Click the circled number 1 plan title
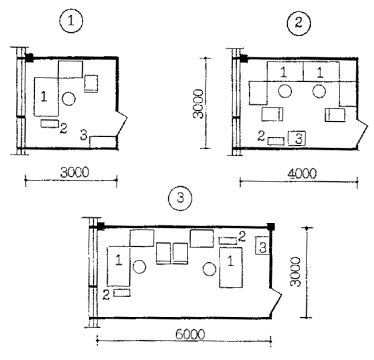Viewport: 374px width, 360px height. [70, 21]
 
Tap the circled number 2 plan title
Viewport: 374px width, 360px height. [299, 24]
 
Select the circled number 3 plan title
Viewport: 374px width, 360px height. [180, 199]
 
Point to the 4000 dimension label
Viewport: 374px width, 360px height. [301, 174]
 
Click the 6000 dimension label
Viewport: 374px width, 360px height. [189, 334]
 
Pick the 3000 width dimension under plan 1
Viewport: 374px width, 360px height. [75, 173]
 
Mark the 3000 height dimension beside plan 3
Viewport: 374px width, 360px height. [296, 271]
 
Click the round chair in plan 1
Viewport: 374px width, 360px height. [69, 99]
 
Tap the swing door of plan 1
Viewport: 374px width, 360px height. [122, 123]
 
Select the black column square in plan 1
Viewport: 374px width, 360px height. [30, 58]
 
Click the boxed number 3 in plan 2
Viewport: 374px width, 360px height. [297, 138]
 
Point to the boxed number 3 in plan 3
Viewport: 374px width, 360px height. [262, 245]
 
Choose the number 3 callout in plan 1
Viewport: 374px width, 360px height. [84, 135]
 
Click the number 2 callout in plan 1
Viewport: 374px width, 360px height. [63, 128]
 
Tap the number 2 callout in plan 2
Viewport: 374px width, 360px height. [261, 136]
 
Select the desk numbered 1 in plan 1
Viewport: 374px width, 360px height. [46, 97]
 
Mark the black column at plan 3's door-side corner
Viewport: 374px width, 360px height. [271, 227]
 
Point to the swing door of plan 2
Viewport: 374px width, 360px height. [362, 132]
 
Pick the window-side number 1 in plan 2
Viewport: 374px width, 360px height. [283, 72]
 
